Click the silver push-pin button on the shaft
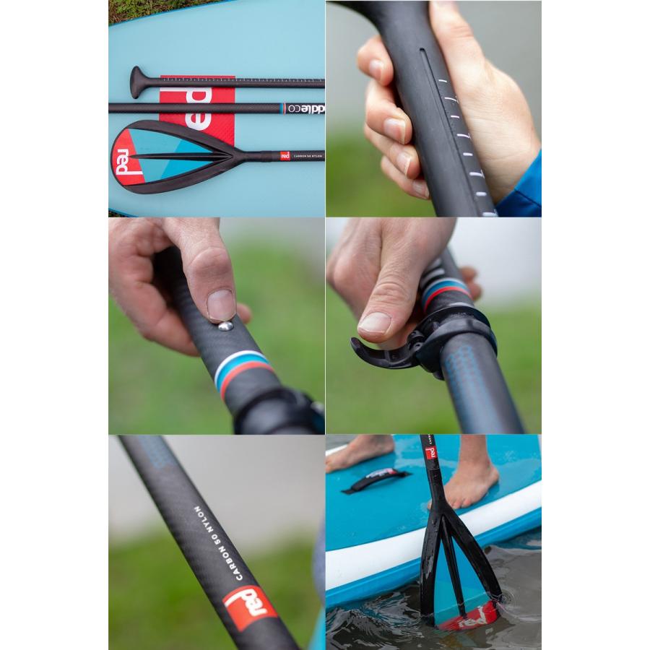pos(226,326)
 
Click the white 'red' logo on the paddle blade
pos(123,162)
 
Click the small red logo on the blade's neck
pos(285,155)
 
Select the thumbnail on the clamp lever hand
pos(375,323)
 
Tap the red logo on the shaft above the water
pos(430,453)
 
